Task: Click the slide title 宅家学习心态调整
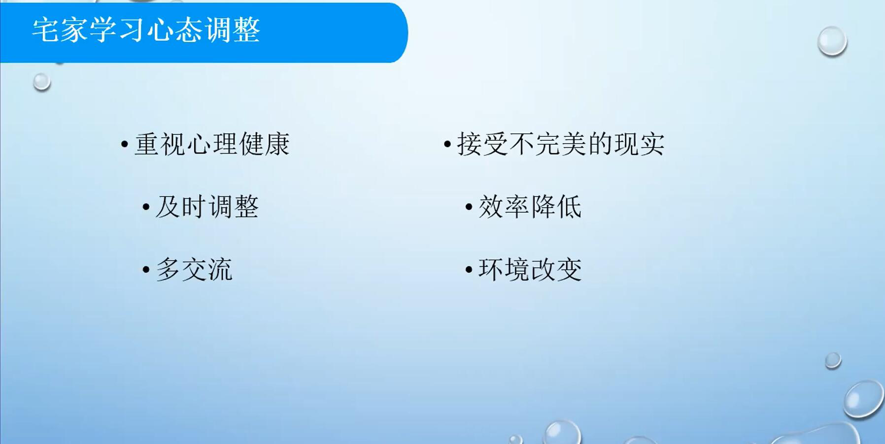coord(146,30)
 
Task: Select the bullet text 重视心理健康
coord(212,144)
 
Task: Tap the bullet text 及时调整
coord(207,206)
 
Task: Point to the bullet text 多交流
coord(194,269)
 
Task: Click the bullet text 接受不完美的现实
coord(561,144)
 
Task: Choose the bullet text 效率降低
coord(530,206)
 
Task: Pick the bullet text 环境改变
coord(530,269)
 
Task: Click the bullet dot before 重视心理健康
coord(125,145)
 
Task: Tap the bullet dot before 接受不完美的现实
coord(447,144)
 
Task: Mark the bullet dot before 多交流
coord(146,270)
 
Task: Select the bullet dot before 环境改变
coord(469,269)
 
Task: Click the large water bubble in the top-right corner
coord(832,41)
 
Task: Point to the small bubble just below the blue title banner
coord(42,82)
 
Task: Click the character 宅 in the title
coord(46,30)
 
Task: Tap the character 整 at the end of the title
coord(247,30)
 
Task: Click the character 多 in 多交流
coord(169,269)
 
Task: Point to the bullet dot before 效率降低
coord(469,207)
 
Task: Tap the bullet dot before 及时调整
coord(146,207)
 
